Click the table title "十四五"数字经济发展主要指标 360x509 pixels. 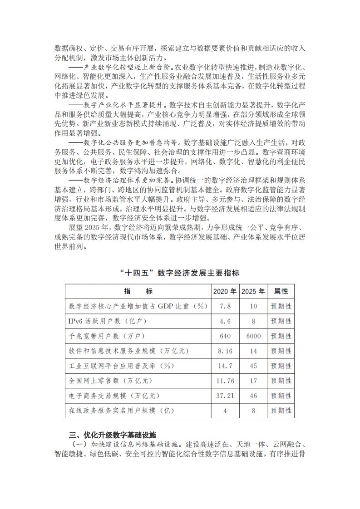coord(180,273)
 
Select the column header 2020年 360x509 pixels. coord(225,291)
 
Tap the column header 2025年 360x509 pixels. coord(253,291)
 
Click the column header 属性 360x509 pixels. coord(281,291)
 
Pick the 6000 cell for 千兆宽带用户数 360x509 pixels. coord(253,336)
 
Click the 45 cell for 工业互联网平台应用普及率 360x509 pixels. coord(253,366)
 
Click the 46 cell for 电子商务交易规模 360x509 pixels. coord(253,396)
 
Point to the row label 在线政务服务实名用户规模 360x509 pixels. coord(121,411)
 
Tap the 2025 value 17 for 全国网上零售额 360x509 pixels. coord(253,381)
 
